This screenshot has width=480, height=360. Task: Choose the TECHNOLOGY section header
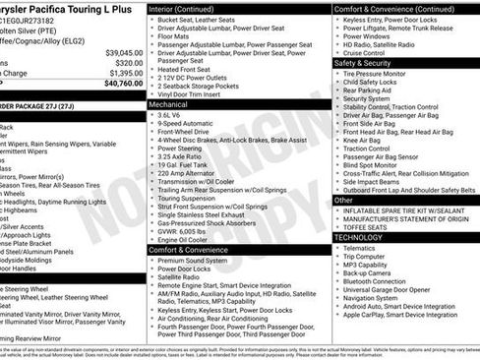tap(358, 237)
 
